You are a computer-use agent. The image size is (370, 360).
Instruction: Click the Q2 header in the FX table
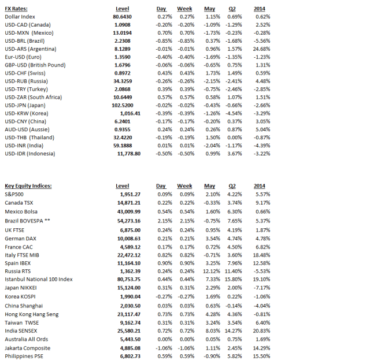click(235, 9)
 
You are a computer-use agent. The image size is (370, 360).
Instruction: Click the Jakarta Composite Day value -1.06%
click(165, 348)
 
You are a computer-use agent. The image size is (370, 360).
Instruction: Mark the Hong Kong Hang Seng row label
click(32, 314)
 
